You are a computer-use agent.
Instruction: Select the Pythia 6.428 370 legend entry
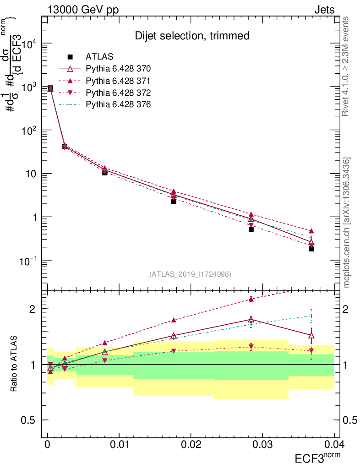click(x=118, y=69)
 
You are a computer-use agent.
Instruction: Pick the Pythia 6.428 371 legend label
click(x=118, y=81)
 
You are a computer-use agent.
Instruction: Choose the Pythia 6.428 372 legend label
click(x=118, y=93)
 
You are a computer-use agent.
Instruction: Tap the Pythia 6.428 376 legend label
click(x=118, y=104)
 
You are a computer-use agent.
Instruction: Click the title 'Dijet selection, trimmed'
click(x=192, y=36)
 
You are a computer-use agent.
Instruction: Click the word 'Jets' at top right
click(x=324, y=10)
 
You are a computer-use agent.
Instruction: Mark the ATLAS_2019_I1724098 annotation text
click(x=190, y=274)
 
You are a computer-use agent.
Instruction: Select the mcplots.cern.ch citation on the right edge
click(x=347, y=223)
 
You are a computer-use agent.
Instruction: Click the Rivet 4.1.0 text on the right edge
click(x=347, y=66)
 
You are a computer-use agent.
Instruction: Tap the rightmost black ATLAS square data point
click(x=311, y=249)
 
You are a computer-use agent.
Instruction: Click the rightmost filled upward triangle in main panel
click(x=311, y=231)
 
